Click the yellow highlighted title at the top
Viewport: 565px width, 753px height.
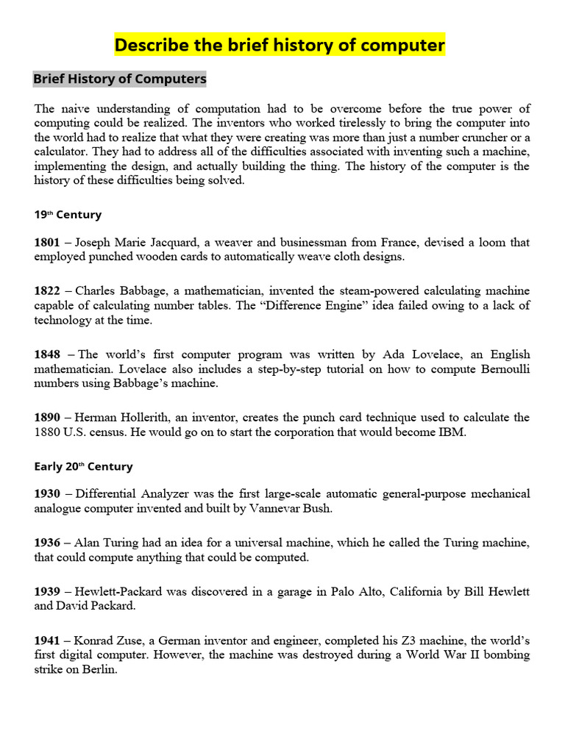click(280, 46)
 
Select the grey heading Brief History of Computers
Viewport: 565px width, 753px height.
click(120, 79)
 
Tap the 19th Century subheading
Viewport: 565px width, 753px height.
click(68, 215)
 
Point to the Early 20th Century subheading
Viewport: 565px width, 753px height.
click(83, 466)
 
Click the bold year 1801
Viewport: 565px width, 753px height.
click(47, 243)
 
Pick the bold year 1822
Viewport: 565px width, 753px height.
click(47, 291)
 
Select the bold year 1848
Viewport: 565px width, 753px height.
click(47, 354)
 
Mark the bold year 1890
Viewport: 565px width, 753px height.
click(47, 418)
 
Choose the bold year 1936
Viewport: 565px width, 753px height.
click(47, 543)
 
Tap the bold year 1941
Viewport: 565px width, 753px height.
click(47, 640)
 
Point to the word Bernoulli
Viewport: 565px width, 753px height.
click(501, 368)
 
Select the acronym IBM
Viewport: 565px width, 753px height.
click(452, 432)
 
